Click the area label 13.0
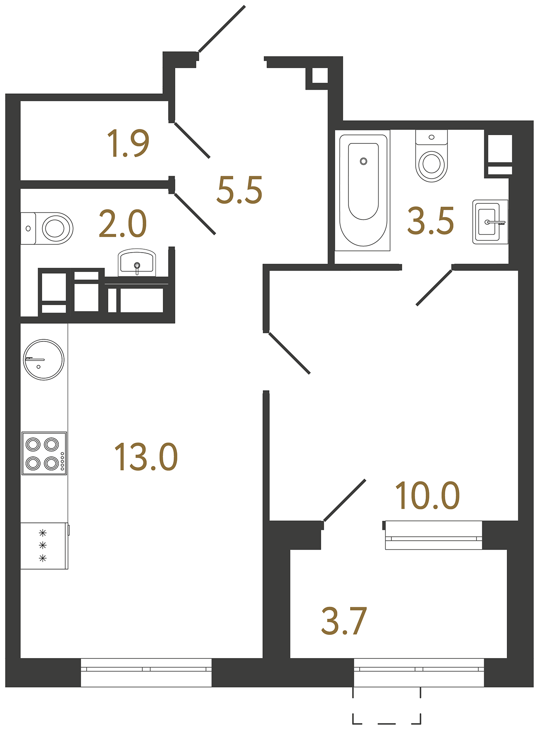click(146, 457)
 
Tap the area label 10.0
click(427, 496)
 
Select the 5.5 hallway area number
click(239, 190)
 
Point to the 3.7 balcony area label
click(344, 621)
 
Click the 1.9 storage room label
click(128, 143)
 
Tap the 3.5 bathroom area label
click(430, 221)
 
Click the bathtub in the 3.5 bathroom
click(363, 190)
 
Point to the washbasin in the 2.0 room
click(137, 262)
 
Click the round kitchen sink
click(44, 360)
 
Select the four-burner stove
click(44, 453)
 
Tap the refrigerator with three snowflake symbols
click(44, 546)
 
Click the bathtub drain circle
click(363, 161)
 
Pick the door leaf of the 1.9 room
click(192, 141)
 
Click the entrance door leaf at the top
click(222, 29)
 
